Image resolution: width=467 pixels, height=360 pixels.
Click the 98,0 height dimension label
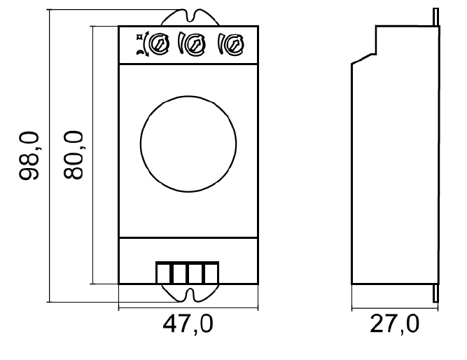29,155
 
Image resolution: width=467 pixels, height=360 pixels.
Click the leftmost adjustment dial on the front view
161,44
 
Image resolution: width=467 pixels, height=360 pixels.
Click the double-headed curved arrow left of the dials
145,45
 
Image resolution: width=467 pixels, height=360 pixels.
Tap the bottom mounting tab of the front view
187,293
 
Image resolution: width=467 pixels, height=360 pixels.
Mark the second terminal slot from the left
179,272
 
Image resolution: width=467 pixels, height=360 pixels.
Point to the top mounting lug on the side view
436,18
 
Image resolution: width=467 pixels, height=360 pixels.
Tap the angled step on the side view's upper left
364,59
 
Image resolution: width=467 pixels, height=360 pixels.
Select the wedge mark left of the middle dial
183,45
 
